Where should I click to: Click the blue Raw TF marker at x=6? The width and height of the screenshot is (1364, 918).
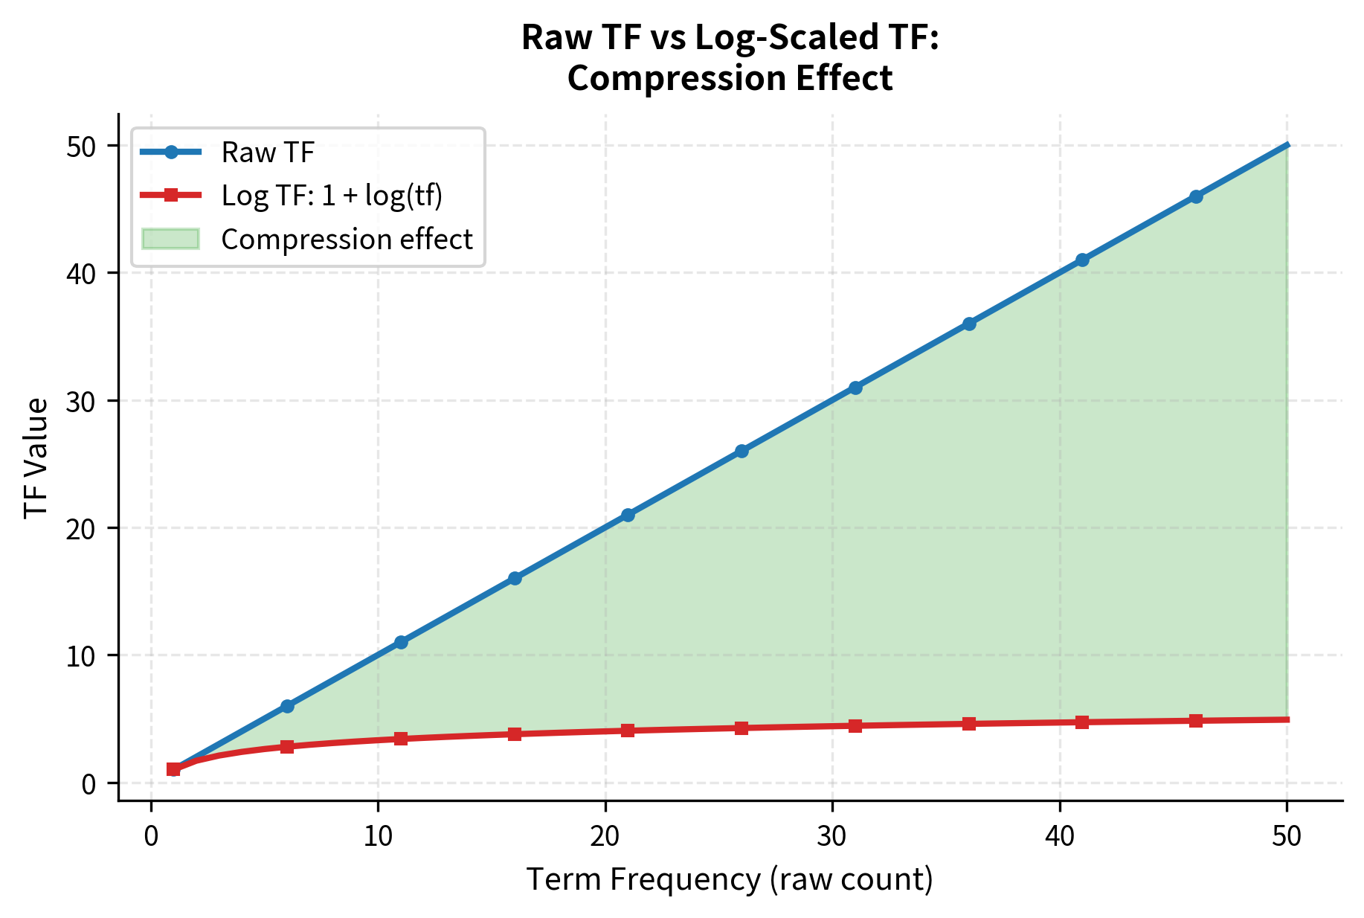click(x=287, y=706)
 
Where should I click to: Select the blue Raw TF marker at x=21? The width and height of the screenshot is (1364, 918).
click(x=628, y=515)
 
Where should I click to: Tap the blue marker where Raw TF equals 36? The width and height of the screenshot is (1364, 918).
click(x=969, y=324)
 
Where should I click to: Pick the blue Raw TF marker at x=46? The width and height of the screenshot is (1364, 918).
click(x=1196, y=196)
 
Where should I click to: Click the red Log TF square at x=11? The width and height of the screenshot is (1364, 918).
click(x=401, y=739)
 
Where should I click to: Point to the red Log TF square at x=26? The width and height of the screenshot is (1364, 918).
click(x=741, y=728)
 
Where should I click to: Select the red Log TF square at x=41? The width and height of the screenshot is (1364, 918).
click(x=1082, y=722)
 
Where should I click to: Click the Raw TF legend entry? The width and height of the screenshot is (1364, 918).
click(x=268, y=153)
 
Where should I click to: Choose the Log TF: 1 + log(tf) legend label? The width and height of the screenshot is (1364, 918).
click(x=332, y=196)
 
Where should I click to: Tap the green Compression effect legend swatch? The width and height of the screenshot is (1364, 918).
click(x=170, y=239)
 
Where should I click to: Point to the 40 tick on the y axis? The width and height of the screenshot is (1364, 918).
click(x=82, y=273)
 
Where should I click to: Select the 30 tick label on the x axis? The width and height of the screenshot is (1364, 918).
click(x=832, y=836)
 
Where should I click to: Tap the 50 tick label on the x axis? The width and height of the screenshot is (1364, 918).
click(x=1287, y=836)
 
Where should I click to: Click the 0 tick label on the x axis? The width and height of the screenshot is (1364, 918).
click(x=151, y=836)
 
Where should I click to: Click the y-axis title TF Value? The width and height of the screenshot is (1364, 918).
click(x=36, y=458)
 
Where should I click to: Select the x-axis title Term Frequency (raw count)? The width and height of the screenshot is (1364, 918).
click(x=730, y=879)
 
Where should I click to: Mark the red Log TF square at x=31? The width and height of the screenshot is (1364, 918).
click(x=855, y=725)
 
